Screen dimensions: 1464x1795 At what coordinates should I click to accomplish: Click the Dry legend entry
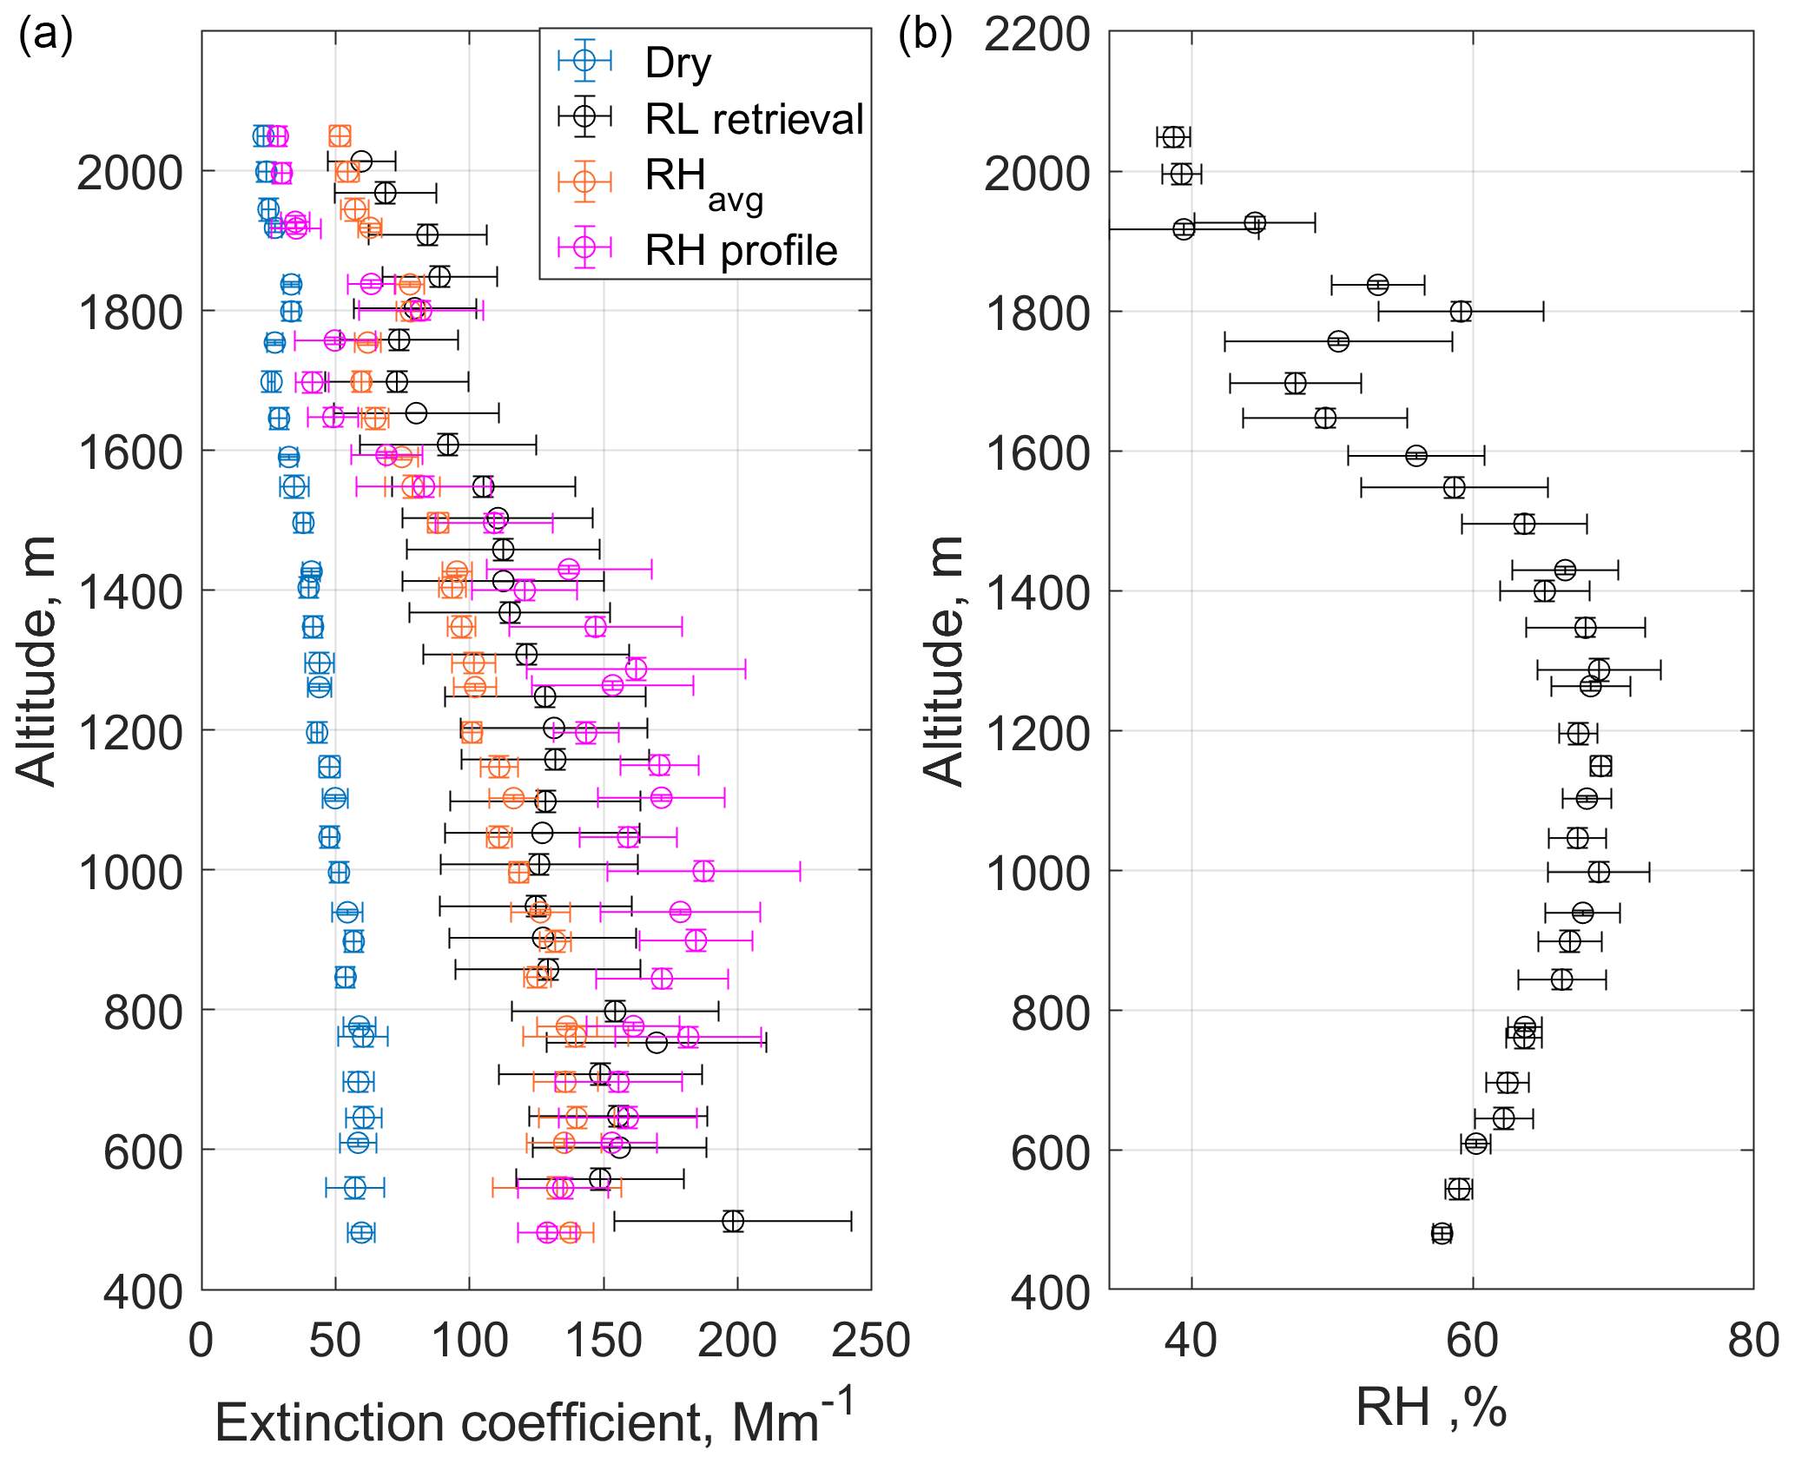[x=677, y=63]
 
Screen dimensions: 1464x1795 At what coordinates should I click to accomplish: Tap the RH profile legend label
[x=741, y=250]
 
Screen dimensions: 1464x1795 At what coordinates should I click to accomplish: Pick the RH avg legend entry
[x=703, y=182]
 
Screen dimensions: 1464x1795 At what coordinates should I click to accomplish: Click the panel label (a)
[x=45, y=35]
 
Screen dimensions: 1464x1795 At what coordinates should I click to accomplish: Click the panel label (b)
[x=925, y=35]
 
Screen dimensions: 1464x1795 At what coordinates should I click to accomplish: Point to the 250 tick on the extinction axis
[x=870, y=1340]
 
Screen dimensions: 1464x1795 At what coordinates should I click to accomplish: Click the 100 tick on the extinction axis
[x=469, y=1340]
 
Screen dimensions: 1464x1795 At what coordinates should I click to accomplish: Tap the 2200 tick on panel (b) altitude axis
[x=1037, y=35]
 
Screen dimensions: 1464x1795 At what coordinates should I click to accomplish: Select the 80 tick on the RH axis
[x=1752, y=1340]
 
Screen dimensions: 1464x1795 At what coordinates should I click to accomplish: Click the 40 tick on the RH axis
[x=1191, y=1340]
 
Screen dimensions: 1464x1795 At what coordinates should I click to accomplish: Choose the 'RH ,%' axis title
[x=1430, y=1407]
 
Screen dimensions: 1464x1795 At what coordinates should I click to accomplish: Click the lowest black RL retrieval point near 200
[x=733, y=1221]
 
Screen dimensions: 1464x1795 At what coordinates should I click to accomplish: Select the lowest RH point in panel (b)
[x=1442, y=1233]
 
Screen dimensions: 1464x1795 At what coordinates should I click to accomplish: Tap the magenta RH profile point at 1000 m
[x=703, y=871]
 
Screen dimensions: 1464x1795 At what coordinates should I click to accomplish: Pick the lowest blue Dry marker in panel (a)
[x=361, y=1232]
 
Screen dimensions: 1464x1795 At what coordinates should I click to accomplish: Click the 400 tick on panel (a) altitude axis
[x=144, y=1292]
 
